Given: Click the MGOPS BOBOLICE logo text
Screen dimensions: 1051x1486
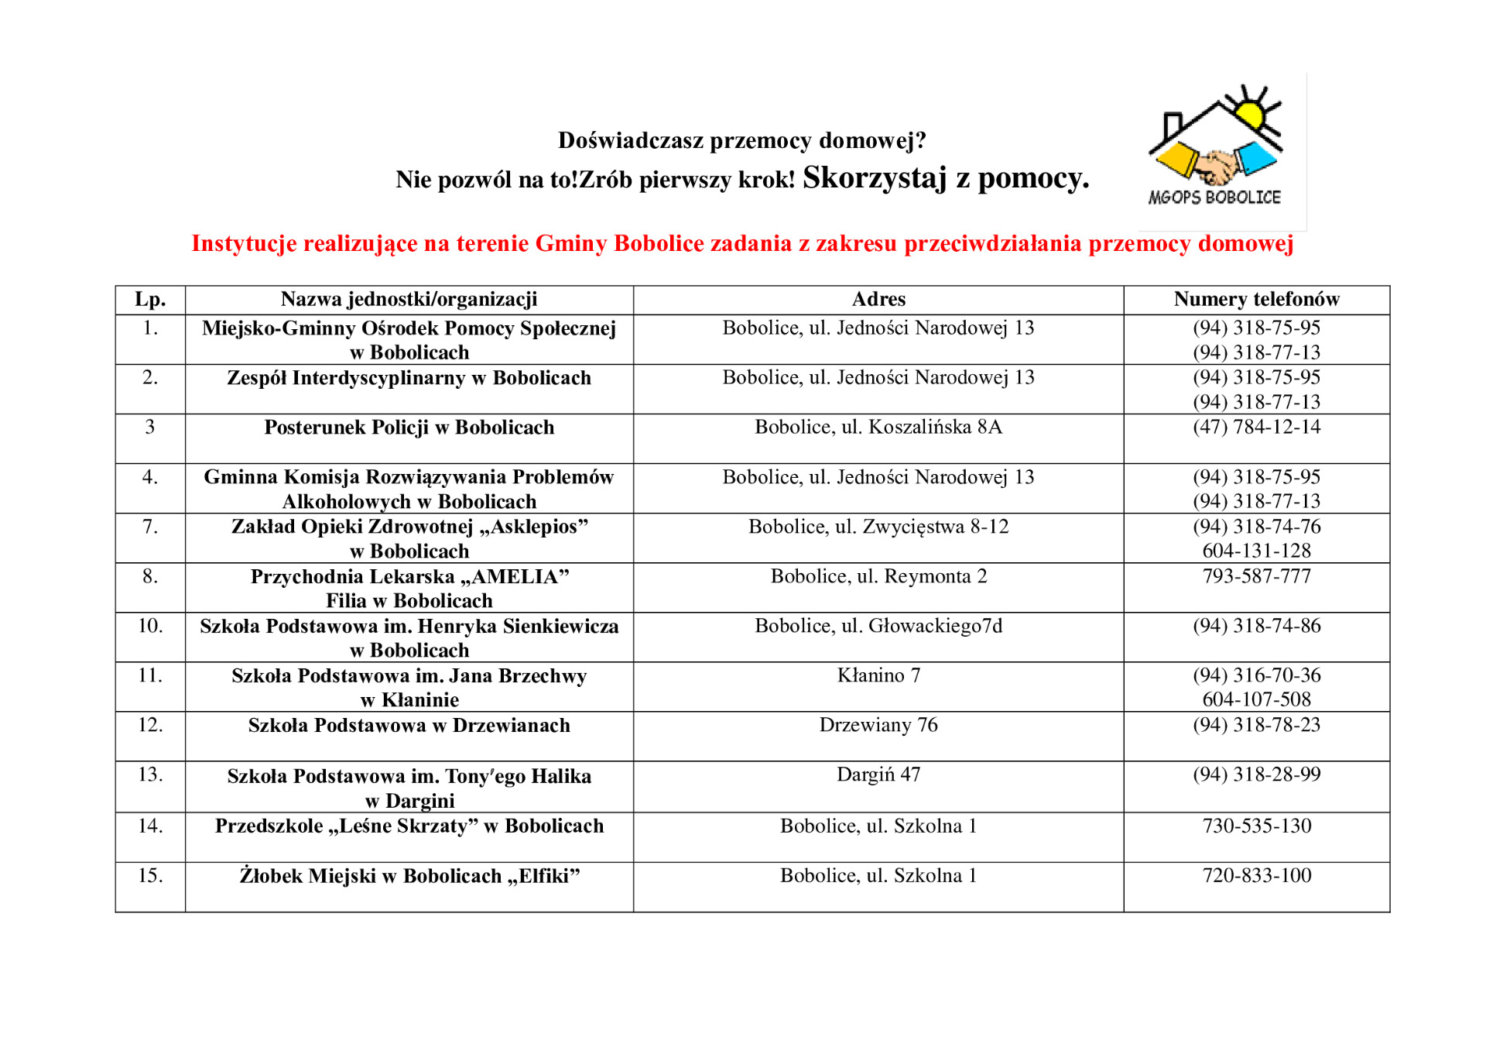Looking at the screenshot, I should (x=1214, y=197).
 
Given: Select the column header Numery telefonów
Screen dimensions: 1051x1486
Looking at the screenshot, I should (x=1256, y=299).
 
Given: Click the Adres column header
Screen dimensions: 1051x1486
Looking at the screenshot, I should (x=878, y=299).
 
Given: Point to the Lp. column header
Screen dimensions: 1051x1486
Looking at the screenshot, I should (x=150, y=299).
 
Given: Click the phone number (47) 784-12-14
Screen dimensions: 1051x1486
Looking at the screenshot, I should (x=1256, y=427).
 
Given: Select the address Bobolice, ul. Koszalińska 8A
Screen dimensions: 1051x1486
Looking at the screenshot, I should (x=878, y=427).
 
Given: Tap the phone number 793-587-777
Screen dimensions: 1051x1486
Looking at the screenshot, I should (x=1256, y=576).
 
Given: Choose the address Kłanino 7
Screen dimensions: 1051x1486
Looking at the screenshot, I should (x=878, y=675).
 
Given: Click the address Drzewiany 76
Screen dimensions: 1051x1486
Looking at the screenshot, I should (x=878, y=725).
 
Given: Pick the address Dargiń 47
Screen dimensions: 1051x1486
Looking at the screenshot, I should (x=878, y=775).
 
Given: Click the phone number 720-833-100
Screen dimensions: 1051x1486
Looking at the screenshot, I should (x=1256, y=875).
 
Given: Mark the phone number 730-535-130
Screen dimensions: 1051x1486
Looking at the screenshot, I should (x=1256, y=826).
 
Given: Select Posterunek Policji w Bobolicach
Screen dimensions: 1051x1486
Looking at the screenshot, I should (x=409, y=428).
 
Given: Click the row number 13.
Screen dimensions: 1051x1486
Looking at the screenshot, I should (x=150, y=775).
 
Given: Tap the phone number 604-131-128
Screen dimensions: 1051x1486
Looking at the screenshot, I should (x=1256, y=551).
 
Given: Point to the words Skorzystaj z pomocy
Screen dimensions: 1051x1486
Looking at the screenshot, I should (x=945, y=178).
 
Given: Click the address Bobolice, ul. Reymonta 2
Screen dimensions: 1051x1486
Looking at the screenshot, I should (x=878, y=576).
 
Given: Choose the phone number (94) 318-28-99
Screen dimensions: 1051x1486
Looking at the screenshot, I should (x=1256, y=775).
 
